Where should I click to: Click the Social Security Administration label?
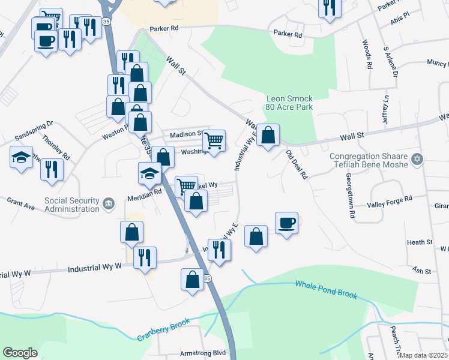click(71, 205)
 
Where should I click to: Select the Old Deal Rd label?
click(297, 165)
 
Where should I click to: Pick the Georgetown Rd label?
click(348, 191)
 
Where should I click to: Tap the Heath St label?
click(420, 242)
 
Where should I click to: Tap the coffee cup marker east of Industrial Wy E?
click(286, 223)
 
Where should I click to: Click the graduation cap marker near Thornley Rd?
click(21, 158)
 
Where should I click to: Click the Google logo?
click(20, 352)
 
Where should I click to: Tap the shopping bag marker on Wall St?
click(269, 135)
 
